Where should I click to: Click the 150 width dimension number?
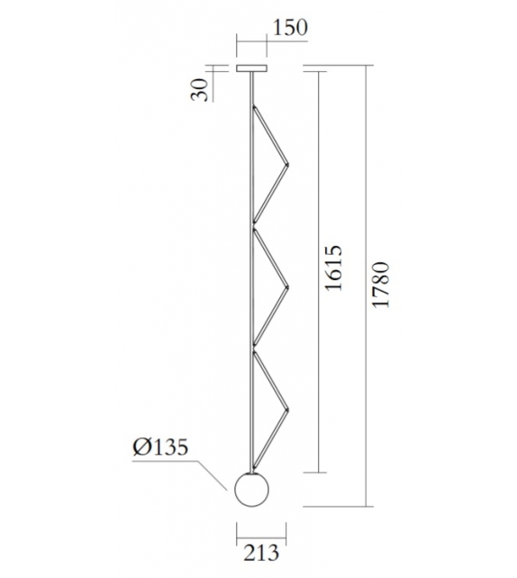click(289, 27)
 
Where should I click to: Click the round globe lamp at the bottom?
click(252, 490)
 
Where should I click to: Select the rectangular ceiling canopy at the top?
click(252, 68)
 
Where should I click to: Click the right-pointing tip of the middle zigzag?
click(286, 287)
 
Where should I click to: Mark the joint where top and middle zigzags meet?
click(255, 226)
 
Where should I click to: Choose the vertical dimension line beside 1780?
click(366, 285)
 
